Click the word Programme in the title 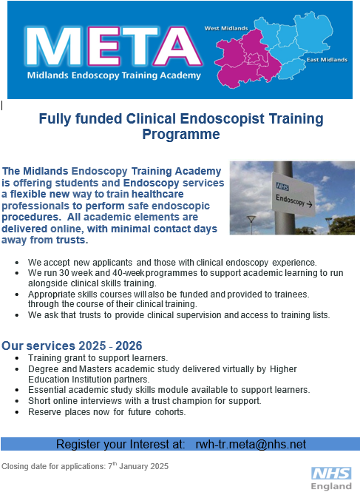point(181,135)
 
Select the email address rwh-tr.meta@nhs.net point(251,444)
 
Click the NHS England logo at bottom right point(330,479)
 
